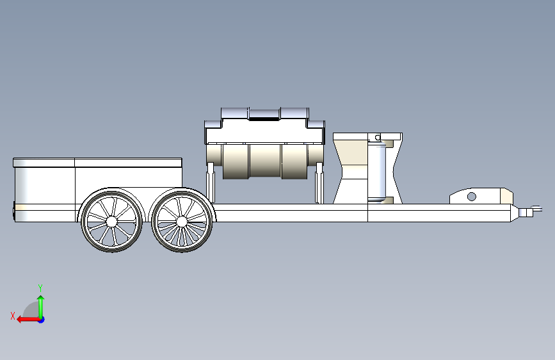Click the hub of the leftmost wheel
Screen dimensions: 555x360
coord(112,221)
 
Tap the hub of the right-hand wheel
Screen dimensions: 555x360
coord(181,221)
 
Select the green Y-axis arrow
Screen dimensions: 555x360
coord(40,304)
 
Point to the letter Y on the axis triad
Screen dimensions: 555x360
coord(40,288)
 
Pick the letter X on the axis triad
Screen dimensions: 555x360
coord(13,315)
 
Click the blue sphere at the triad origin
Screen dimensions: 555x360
coord(40,319)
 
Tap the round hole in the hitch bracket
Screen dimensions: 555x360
coord(472,196)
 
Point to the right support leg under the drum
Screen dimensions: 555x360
coord(318,183)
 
